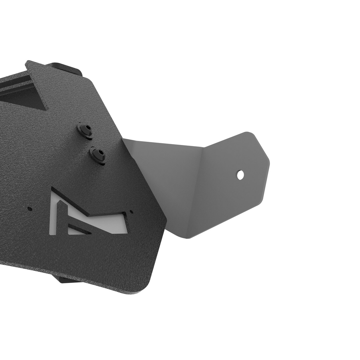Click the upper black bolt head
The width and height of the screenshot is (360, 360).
click(x=84, y=130)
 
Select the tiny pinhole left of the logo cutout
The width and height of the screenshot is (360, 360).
click(x=29, y=208)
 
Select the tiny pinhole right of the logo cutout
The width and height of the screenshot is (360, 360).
click(x=131, y=212)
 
